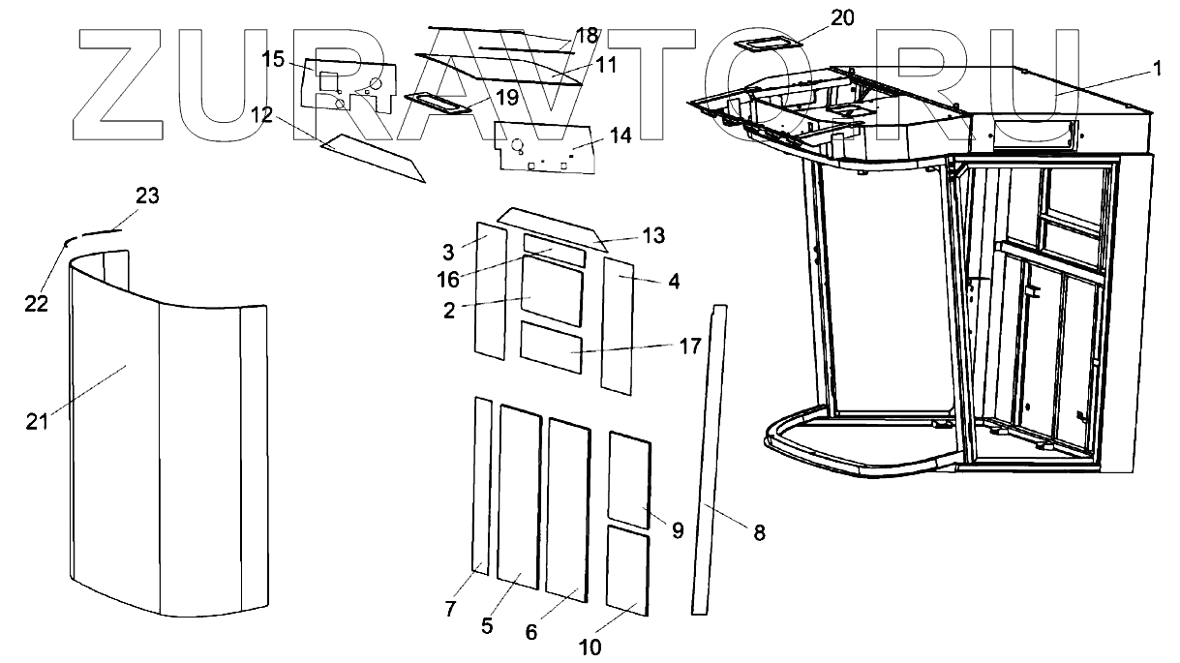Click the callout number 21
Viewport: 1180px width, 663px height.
point(36,422)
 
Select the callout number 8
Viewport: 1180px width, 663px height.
point(759,531)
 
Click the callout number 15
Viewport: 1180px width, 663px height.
point(272,60)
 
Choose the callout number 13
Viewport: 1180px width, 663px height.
point(653,235)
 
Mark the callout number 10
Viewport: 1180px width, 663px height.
point(590,647)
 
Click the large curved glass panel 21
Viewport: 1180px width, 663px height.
point(165,436)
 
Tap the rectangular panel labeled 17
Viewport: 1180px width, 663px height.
point(551,347)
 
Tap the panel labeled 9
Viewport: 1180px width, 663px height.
point(629,478)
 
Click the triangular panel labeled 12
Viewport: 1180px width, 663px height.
point(373,157)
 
